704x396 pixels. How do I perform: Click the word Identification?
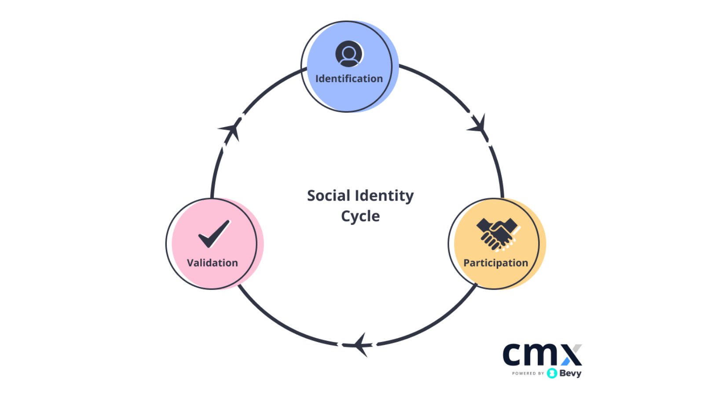click(x=349, y=79)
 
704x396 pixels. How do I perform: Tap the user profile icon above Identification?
click(x=349, y=54)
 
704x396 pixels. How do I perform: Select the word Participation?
click(x=495, y=263)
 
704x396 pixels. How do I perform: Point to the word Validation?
click(x=213, y=263)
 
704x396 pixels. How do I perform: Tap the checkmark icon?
click(x=214, y=233)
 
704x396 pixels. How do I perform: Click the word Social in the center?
click(x=328, y=195)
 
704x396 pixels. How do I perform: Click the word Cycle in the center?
click(x=360, y=216)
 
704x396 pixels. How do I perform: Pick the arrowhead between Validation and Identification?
click(x=231, y=129)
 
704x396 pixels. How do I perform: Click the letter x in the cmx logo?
click(x=571, y=355)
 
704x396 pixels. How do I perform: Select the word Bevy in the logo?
click(x=570, y=373)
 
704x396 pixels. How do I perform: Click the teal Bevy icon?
click(x=552, y=373)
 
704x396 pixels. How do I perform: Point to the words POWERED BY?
click(x=528, y=374)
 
